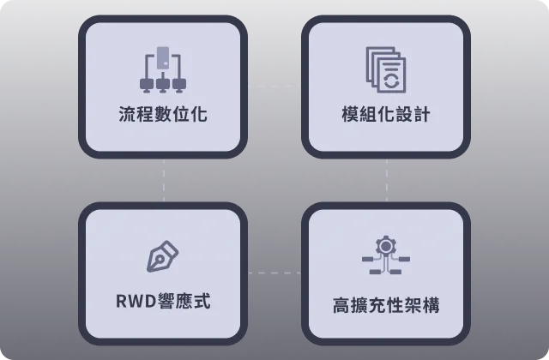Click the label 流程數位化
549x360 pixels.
(163, 114)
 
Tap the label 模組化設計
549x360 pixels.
(386, 114)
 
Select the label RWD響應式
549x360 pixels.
(163, 301)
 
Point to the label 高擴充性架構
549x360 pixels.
(386, 305)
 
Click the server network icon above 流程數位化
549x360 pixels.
(163, 69)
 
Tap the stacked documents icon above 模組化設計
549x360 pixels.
(386, 69)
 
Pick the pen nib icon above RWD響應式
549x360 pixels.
(163, 256)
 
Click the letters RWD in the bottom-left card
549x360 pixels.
(136, 301)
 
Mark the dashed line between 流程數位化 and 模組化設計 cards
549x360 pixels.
(274, 86)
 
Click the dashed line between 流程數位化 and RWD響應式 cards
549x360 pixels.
(164, 180)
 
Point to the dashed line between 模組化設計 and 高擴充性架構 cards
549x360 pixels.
(387, 180)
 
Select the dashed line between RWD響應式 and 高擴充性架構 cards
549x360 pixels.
(274, 273)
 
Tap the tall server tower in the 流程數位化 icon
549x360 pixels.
(163, 57)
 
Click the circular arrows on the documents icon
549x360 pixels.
(391, 80)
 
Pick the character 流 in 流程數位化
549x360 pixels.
(128, 114)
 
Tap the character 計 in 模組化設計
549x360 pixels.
(422, 114)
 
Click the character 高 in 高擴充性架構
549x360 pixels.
(341, 305)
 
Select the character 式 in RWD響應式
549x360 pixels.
(202, 301)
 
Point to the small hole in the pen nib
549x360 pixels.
(160, 259)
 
